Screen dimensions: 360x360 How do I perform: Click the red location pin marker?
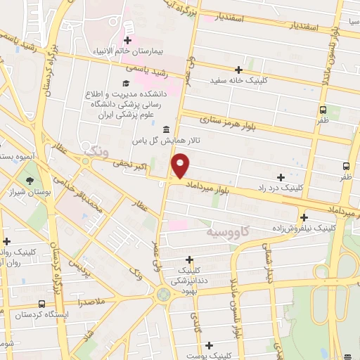coord(181,166)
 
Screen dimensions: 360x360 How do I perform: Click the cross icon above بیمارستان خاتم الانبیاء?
coord(127,41)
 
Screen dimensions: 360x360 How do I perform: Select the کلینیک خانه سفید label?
coord(239,81)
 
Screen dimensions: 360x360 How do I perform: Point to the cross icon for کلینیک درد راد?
coord(281,177)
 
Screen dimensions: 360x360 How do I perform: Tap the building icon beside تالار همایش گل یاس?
coord(165,130)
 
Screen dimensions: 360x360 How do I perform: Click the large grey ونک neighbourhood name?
coord(96,150)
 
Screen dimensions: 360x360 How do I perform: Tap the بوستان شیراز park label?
coord(26,191)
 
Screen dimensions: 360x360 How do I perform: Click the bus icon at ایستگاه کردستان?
coord(42,304)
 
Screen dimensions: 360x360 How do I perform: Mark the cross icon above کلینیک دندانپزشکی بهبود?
coord(190,259)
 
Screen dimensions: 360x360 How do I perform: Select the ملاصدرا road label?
coord(91,301)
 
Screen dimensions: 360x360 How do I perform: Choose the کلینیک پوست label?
coord(209,356)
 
